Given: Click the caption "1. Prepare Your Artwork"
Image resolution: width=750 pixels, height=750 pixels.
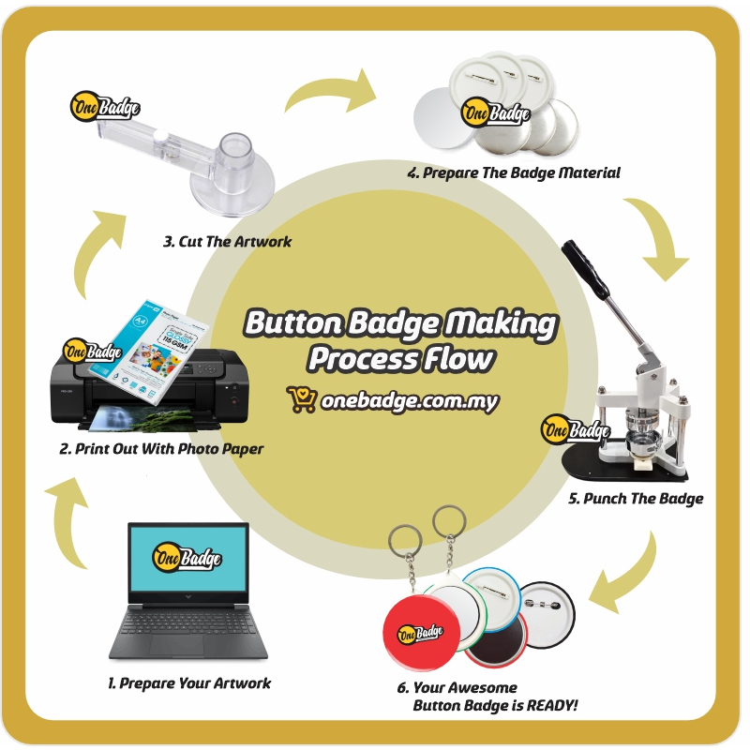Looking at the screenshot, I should click(x=189, y=683).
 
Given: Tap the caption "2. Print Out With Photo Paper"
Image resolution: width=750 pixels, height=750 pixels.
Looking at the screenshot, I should click(x=161, y=449).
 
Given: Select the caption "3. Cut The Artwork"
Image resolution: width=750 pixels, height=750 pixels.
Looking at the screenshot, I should click(x=227, y=242).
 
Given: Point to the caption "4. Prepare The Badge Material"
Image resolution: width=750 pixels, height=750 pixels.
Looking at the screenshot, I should click(x=513, y=173).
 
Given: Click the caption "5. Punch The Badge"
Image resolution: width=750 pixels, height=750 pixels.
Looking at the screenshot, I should click(x=635, y=499).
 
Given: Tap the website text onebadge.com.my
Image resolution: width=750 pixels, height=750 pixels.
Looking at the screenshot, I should click(x=409, y=401).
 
